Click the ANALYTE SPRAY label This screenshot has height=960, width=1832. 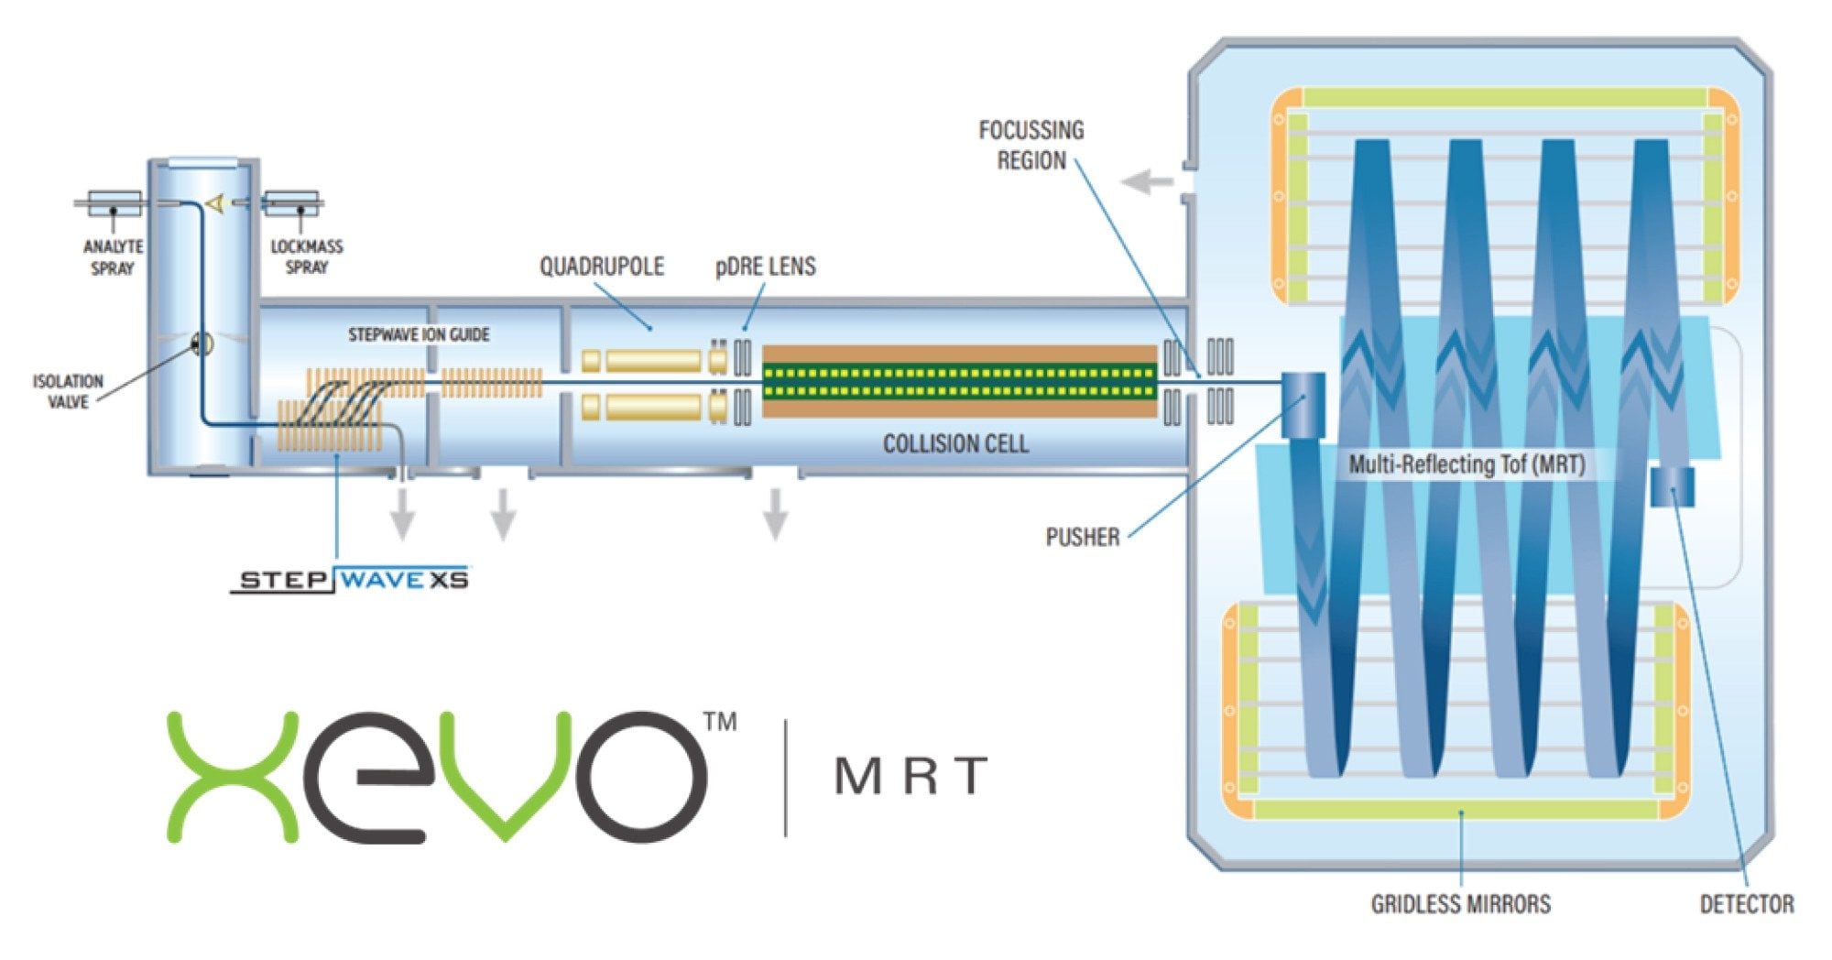(x=113, y=257)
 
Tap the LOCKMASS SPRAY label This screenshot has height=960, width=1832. (x=307, y=256)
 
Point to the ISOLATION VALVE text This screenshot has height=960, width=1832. (x=68, y=391)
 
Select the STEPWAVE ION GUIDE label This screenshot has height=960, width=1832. (x=419, y=335)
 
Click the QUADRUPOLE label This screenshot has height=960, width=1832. (x=601, y=267)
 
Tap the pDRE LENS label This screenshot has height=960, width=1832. (x=765, y=267)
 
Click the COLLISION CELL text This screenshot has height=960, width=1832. (x=955, y=444)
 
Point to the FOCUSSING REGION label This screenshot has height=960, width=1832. (x=1031, y=145)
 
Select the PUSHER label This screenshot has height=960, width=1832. (x=1082, y=537)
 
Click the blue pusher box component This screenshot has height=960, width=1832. (x=1303, y=404)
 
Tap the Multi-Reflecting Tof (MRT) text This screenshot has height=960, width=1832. (x=1467, y=464)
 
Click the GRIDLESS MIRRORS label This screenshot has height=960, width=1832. (x=1460, y=904)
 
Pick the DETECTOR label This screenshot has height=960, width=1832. (x=1746, y=904)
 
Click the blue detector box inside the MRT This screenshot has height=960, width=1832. (x=1673, y=486)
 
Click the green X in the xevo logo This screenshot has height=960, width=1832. (x=233, y=776)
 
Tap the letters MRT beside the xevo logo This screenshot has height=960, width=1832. (x=911, y=776)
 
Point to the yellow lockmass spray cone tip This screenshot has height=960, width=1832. (x=214, y=204)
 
